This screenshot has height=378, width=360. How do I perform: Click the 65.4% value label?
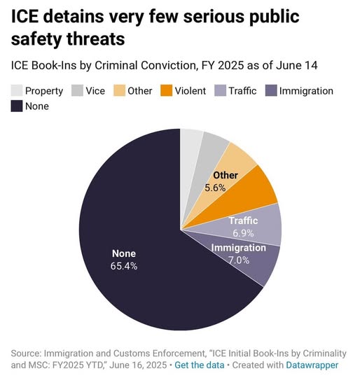(x=124, y=266)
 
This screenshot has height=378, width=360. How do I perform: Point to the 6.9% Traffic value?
(x=243, y=233)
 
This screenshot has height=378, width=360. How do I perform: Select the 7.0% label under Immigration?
(x=239, y=260)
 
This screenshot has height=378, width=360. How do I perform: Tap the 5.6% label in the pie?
(x=215, y=188)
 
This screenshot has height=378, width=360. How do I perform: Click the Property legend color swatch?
(x=17, y=90)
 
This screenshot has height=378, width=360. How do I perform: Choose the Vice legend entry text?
(x=95, y=91)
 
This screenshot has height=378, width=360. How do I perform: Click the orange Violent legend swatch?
(x=167, y=90)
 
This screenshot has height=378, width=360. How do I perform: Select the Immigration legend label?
(x=306, y=91)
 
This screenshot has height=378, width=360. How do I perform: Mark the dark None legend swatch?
(x=17, y=106)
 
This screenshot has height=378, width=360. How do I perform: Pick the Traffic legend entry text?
(x=242, y=91)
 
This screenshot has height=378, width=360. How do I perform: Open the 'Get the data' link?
(x=200, y=365)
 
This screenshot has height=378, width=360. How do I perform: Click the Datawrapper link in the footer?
(x=312, y=365)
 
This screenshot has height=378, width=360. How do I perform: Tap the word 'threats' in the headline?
(x=96, y=39)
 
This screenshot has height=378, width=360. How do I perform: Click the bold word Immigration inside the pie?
(x=239, y=248)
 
